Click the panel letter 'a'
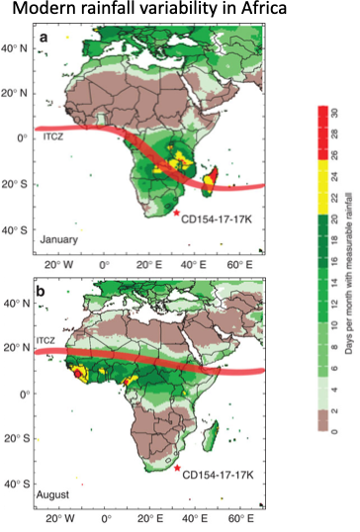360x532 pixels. coord(45,39)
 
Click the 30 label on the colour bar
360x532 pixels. coord(335,110)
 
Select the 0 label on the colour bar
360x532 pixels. coord(335,431)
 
